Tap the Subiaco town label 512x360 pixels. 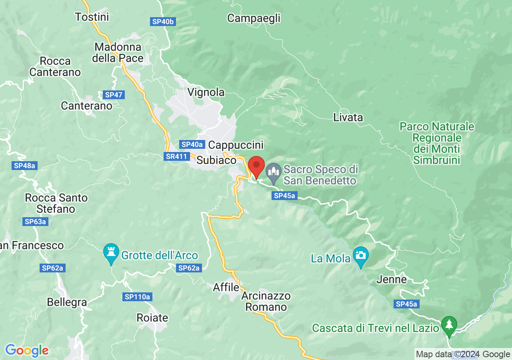tap(216, 160)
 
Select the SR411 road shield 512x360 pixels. tap(176, 156)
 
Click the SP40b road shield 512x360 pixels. tap(163, 22)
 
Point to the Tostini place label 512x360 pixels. tap(92, 17)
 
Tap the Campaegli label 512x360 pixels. tap(254, 18)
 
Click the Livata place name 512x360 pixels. tap(348, 117)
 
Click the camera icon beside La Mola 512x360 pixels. tap(361, 256)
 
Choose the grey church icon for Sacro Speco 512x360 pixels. tap(274, 172)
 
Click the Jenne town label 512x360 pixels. tap(391, 279)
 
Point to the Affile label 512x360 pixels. tap(226, 287)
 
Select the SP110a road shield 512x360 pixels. tap(137, 297)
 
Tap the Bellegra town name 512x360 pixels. tap(67, 302)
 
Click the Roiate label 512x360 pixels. tap(152, 318)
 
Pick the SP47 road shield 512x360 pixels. tap(114, 95)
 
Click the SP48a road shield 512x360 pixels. tap(24, 166)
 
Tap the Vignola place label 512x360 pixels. tap(206, 92)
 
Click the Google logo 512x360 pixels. tap(27, 350)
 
